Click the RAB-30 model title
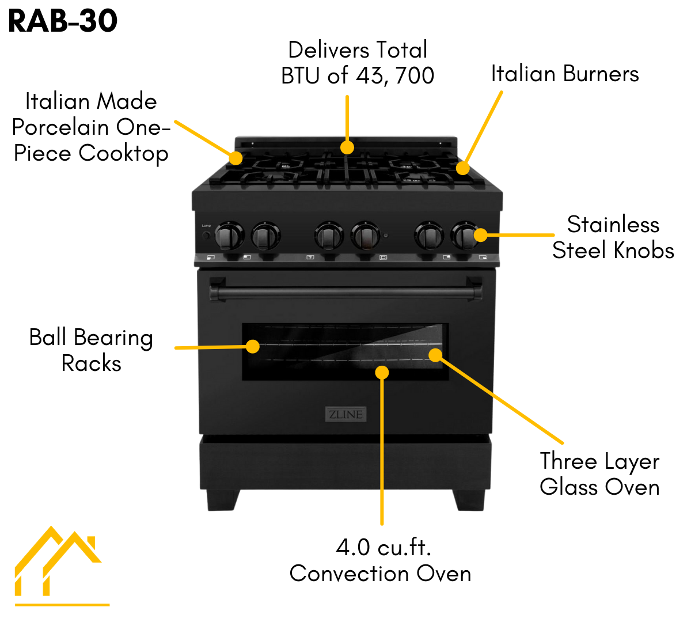63,21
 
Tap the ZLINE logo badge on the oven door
345,414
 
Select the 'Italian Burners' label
565,74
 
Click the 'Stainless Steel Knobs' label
613,237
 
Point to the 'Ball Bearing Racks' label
91,350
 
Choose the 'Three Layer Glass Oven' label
599,474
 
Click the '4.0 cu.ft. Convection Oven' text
381,560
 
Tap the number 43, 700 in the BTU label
395,75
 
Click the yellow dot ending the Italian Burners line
462,168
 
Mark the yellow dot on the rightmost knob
480,235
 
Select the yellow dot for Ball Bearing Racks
253,346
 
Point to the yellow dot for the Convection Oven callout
382,373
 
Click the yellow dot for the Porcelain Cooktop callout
235,158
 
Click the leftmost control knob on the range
229,236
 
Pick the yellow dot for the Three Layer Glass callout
436,355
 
